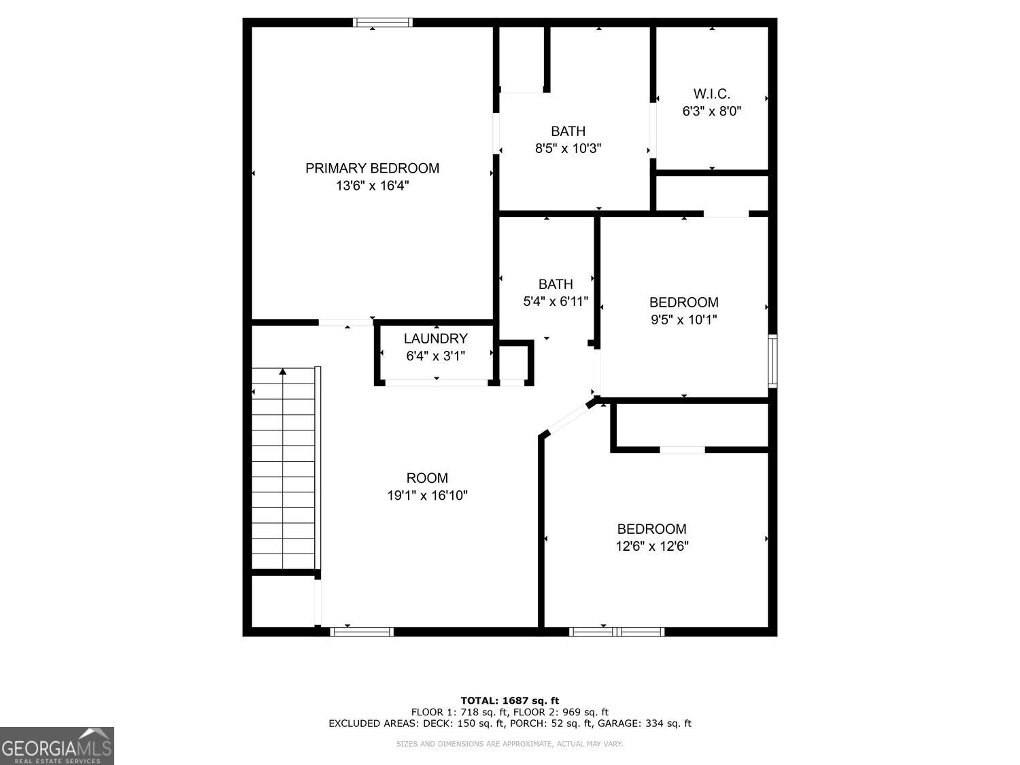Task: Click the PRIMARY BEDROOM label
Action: click(372, 168)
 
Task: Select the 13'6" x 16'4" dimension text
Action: click(372, 186)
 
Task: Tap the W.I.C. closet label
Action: click(711, 94)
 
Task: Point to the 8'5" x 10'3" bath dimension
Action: click(568, 148)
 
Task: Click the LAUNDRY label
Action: click(435, 339)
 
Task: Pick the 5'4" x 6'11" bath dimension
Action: click(556, 301)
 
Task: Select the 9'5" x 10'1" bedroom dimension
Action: click(683, 320)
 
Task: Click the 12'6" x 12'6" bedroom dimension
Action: click(652, 546)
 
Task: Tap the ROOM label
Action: click(427, 478)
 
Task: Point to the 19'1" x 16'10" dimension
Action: click(427, 496)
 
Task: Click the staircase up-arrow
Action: click(283, 372)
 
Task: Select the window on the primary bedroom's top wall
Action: click(383, 22)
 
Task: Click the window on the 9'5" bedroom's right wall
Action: click(772, 360)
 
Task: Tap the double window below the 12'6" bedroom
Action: click(617, 632)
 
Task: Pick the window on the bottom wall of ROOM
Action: click(362, 632)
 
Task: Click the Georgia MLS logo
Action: click(57, 746)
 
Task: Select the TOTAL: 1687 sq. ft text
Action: click(509, 700)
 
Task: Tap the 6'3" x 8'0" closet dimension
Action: click(711, 112)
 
